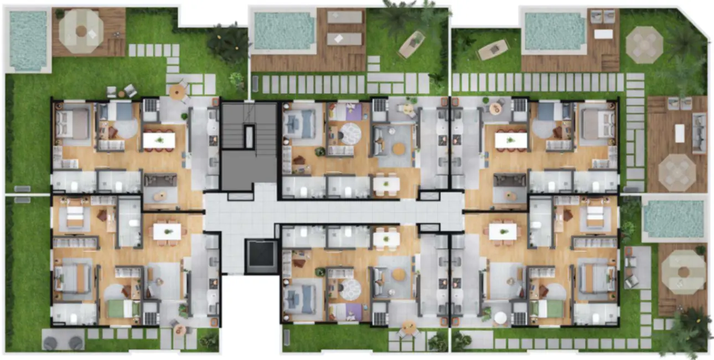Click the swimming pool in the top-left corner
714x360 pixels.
point(28,40)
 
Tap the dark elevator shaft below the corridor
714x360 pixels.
point(262,256)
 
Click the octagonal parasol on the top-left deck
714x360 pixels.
point(81,32)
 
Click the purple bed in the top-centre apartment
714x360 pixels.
point(350,112)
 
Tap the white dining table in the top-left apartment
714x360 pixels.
point(159,140)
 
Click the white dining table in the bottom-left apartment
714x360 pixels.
point(167,232)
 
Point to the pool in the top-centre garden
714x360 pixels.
point(283,31)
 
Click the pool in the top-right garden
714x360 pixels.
point(554,31)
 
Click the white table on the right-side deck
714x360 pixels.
point(679,133)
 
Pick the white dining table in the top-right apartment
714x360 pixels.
point(510,140)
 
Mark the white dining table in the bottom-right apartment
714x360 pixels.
point(503,232)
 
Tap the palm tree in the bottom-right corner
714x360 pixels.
point(689,330)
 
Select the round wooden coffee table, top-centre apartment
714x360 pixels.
point(399,148)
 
